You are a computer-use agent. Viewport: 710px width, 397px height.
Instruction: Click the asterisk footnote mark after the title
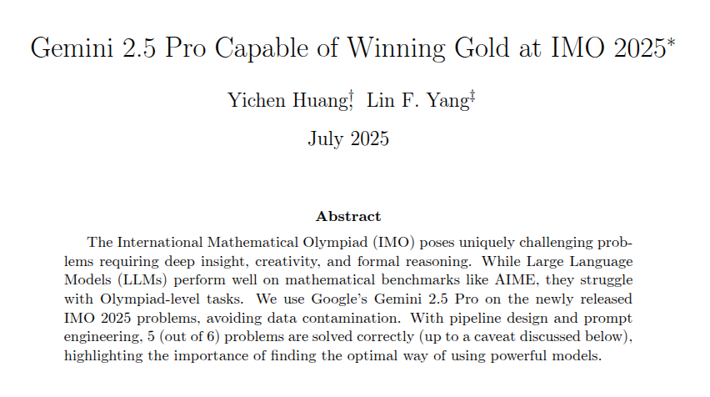tap(672, 39)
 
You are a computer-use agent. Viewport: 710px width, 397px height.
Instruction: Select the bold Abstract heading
tap(348, 216)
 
